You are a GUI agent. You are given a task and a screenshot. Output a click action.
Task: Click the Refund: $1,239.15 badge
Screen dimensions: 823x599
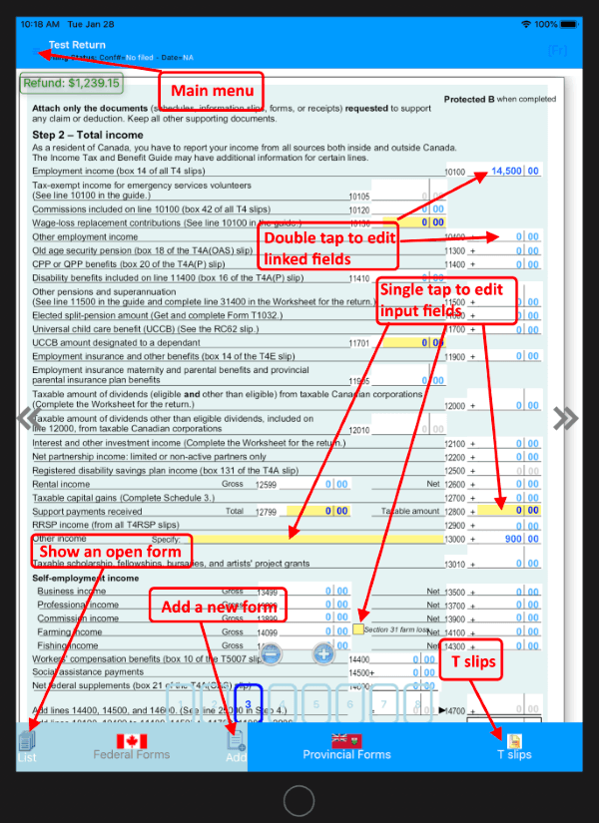(x=71, y=84)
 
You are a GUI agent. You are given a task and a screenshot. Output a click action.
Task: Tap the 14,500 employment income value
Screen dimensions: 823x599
(x=506, y=172)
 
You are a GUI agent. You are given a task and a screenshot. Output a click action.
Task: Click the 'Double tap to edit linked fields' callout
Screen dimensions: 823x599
(x=329, y=248)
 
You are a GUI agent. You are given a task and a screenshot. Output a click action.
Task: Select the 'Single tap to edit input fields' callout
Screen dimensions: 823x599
(x=447, y=300)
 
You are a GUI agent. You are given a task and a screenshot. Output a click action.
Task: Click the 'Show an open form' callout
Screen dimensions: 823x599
(x=110, y=552)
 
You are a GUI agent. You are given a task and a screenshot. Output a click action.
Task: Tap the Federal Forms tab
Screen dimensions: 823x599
(x=132, y=746)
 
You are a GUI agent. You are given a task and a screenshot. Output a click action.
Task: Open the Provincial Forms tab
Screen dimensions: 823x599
(x=346, y=746)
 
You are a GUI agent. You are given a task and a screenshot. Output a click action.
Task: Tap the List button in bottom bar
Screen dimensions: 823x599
(x=27, y=746)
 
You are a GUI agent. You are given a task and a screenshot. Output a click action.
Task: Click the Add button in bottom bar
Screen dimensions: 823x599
(x=236, y=746)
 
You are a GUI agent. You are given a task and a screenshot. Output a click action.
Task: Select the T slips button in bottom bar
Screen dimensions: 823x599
(x=515, y=746)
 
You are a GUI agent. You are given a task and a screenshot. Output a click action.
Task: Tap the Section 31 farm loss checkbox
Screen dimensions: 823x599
(x=357, y=630)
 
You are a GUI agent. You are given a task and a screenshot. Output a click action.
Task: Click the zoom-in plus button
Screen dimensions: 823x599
(x=323, y=654)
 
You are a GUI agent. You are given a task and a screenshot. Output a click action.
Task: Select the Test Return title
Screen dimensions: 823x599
(x=77, y=45)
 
